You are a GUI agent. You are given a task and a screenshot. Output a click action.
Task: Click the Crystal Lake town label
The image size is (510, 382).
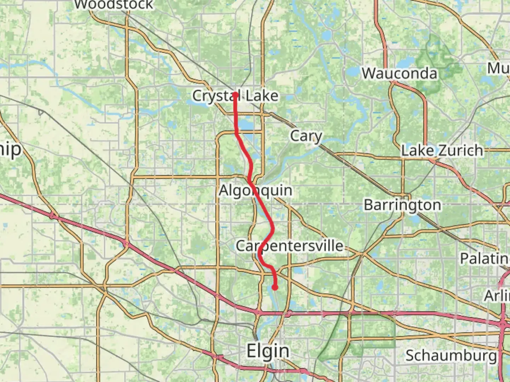click(235, 96)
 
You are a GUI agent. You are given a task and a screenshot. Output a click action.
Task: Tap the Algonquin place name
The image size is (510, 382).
click(255, 191)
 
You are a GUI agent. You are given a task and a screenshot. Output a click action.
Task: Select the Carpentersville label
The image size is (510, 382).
click(289, 246)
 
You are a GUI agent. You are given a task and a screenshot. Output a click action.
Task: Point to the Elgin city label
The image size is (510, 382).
click(268, 351)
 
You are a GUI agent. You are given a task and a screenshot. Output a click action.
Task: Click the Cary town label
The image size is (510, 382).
click(306, 136)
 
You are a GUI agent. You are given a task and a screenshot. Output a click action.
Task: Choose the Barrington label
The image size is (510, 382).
click(402, 205)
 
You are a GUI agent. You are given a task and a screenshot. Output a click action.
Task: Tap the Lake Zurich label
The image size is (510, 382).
click(442, 151)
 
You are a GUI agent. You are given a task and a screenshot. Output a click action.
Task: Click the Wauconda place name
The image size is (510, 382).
click(399, 74)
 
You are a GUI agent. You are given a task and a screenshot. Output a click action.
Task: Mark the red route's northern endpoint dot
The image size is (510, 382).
click(235, 94)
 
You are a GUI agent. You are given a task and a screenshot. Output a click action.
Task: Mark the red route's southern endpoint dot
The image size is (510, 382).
click(274, 288)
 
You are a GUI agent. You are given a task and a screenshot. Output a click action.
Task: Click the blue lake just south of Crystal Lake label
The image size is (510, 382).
click(244, 124)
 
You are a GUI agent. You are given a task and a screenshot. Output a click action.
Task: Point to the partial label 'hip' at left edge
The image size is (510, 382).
click(11, 149)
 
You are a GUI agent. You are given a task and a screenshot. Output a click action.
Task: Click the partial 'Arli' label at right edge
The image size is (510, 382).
click(497, 295)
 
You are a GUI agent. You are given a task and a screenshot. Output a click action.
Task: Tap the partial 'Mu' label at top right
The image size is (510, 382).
click(498, 68)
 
